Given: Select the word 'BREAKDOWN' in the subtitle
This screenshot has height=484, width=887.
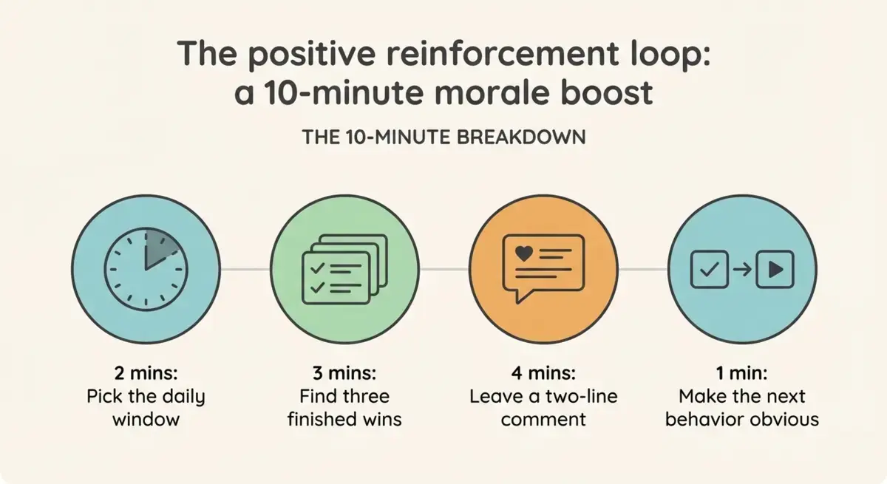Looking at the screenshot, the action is pos(521,137).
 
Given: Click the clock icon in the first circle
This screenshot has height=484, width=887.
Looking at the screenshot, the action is pos(146,269).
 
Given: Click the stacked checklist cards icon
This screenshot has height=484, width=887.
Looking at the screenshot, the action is pos(344,269).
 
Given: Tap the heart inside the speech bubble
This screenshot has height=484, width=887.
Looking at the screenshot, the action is pos(524,253).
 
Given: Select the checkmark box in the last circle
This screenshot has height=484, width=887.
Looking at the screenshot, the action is pos(709,270).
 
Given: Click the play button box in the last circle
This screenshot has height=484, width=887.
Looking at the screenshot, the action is pos(775,270).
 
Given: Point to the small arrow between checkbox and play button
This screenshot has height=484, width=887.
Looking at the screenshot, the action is pos(742,270).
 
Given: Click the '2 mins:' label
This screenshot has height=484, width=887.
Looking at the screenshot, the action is pos(146,373).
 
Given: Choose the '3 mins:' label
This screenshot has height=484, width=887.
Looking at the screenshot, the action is pos(344,373).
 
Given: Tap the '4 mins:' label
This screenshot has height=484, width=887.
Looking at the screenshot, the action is pos(543,373).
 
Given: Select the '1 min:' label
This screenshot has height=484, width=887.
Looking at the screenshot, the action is pos(741,373).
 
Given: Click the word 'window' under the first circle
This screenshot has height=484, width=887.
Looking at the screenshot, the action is pos(146,420).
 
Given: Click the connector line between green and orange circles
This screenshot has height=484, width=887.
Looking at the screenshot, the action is pos(444,270).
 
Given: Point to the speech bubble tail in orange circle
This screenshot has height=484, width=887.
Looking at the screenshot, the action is pos(522,296).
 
